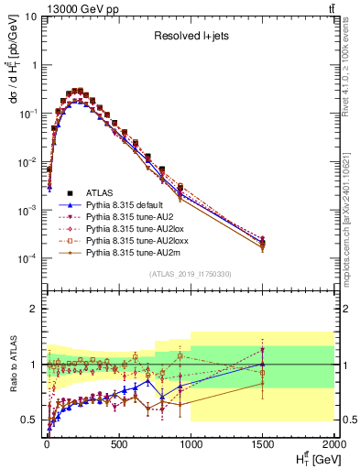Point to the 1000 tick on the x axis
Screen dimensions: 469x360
pyautogui.click(x=191, y=443)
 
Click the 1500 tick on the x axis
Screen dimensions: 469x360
pyautogui.click(x=262, y=443)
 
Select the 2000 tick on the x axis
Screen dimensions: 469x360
pyautogui.click(x=332, y=443)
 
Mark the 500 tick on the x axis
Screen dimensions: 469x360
pyautogui.click(x=118, y=443)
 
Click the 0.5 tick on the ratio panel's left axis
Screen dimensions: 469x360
pyautogui.click(x=29, y=420)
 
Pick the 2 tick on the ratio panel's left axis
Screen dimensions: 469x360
pyautogui.click(x=33, y=309)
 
